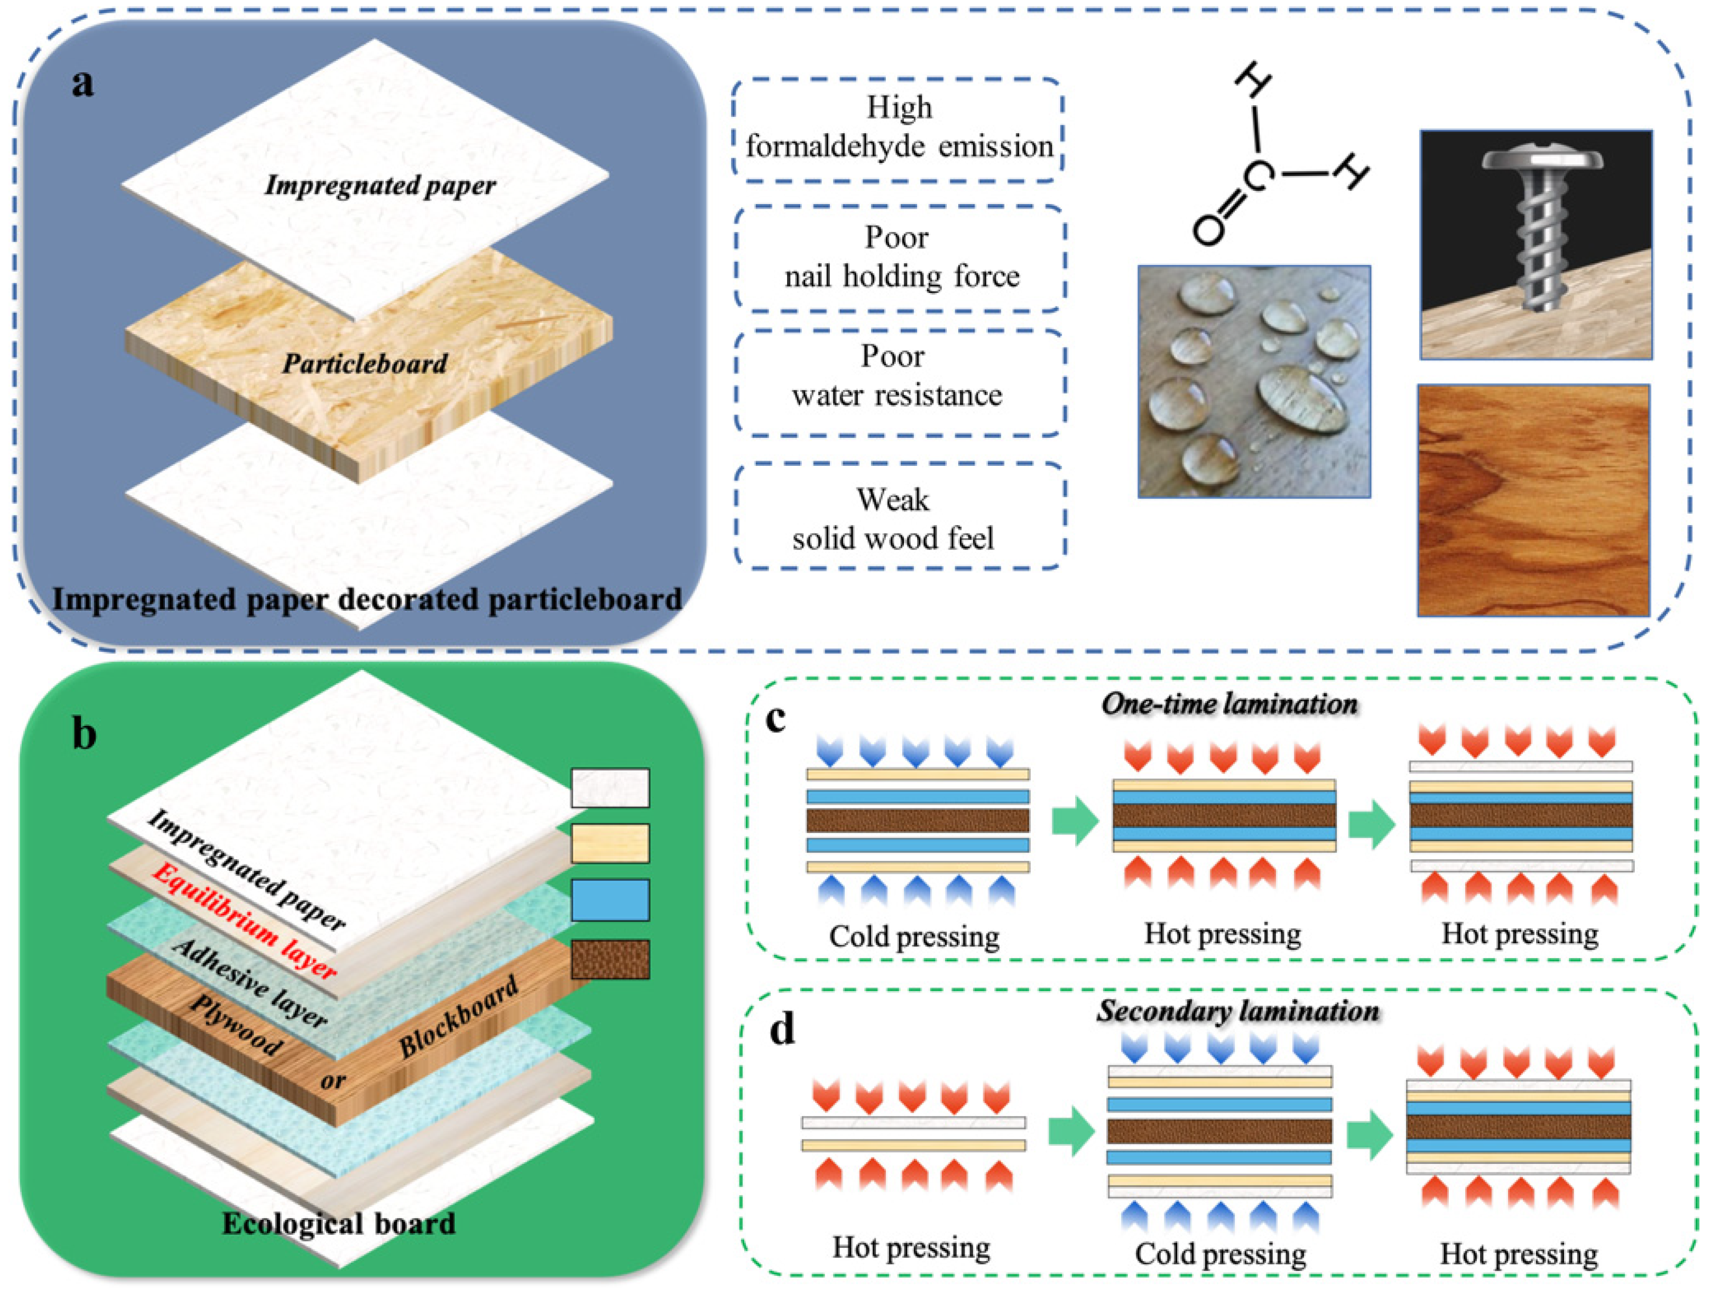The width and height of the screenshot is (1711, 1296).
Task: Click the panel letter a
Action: coord(83,82)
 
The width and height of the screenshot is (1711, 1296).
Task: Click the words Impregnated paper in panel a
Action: coord(380,186)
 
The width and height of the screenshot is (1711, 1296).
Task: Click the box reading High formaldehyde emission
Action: coord(898,128)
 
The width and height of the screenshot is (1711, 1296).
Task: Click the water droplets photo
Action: coord(1254,381)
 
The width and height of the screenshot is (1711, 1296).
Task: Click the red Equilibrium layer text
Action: coord(244,922)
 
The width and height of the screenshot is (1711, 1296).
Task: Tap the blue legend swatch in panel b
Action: coord(609,900)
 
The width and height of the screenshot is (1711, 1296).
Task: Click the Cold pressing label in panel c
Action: coord(914,937)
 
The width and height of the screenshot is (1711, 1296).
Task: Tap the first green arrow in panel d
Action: coord(1071,1132)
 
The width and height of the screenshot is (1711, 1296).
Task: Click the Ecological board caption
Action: coord(339,1223)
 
